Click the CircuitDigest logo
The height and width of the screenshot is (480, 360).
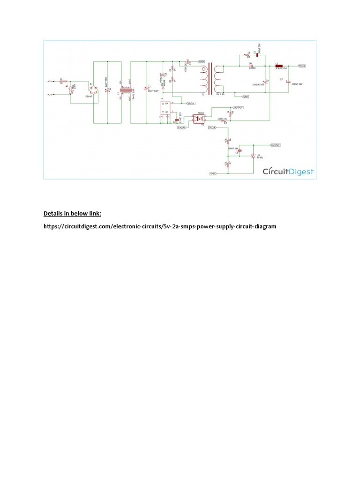tap(287, 172)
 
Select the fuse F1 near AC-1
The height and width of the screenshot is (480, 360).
tap(61, 81)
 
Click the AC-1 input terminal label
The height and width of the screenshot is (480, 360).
tap(50, 81)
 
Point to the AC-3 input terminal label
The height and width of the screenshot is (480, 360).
tap(50, 95)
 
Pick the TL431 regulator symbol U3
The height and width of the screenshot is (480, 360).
tap(254, 157)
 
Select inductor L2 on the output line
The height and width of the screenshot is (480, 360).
tap(278, 66)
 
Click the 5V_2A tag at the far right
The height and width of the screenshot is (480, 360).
tap(302, 66)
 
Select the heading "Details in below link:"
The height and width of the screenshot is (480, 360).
tap(72, 214)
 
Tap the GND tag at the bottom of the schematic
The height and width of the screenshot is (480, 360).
tap(213, 173)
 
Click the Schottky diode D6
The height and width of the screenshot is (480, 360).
tap(251, 66)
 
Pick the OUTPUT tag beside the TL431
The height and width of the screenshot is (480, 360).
tap(275, 145)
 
